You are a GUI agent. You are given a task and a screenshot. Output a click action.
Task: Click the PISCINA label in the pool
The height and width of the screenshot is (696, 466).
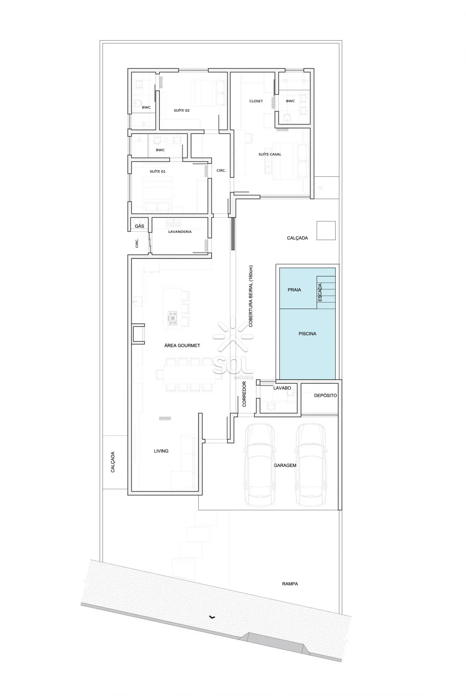(307, 334)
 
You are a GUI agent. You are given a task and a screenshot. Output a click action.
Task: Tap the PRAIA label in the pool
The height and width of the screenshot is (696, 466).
(294, 290)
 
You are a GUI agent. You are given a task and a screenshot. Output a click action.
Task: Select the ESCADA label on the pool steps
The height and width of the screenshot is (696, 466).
(320, 293)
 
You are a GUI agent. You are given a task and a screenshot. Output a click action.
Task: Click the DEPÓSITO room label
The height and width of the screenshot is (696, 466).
(326, 395)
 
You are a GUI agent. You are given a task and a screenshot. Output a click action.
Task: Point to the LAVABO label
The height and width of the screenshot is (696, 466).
(282, 388)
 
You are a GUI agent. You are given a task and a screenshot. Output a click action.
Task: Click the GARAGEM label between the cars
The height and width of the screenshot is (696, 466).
(285, 465)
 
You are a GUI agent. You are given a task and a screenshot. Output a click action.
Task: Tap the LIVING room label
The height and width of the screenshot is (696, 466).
(161, 451)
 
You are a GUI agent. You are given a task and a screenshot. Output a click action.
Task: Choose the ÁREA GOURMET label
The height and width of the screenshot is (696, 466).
(182, 346)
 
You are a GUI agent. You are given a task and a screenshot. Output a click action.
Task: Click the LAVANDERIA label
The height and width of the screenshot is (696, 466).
(180, 232)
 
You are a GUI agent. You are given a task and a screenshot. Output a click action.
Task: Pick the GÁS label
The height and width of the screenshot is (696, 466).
(139, 226)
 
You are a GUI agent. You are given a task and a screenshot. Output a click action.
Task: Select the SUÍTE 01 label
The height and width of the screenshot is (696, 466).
(157, 171)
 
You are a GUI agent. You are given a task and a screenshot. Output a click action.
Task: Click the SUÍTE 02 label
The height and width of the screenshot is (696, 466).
(181, 110)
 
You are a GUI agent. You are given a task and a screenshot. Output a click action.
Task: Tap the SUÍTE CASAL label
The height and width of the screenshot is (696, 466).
(270, 154)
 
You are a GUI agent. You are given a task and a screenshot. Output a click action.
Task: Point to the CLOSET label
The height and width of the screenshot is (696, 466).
(256, 101)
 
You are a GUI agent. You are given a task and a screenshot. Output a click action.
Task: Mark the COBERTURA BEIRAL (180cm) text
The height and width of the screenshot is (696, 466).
(251, 296)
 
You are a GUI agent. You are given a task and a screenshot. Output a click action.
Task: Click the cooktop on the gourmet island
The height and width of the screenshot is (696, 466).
(173, 318)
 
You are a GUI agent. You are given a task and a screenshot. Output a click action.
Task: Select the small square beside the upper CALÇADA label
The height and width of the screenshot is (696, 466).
(326, 231)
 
